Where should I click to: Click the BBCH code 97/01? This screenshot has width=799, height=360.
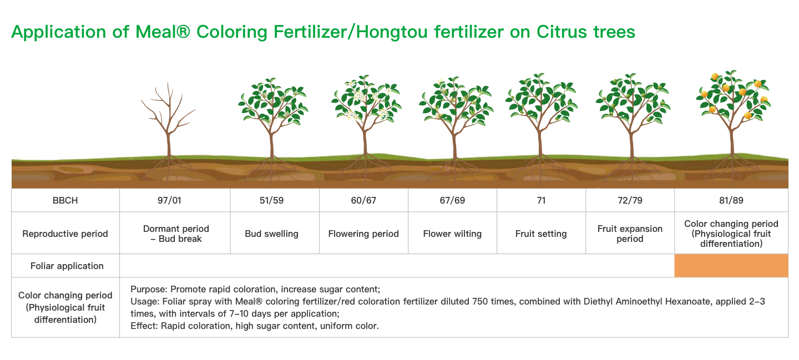coord(169,200)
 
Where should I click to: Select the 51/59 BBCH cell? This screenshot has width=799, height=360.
coord(271,200)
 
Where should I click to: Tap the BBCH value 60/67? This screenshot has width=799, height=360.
coord(363,200)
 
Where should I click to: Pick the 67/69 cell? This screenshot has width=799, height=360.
coord(452,200)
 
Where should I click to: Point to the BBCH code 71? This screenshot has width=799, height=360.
coord(541,200)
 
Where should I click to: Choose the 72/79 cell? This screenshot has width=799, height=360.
coord(630,200)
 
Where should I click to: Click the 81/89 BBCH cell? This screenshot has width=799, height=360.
coord(731,200)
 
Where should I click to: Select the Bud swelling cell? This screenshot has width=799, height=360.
coord(271,234)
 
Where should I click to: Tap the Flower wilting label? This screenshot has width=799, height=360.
coord(452,234)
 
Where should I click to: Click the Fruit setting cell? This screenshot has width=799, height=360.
coord(541,234)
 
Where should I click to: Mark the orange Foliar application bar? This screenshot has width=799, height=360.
coord(731,266)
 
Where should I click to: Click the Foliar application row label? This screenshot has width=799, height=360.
coord(67,266)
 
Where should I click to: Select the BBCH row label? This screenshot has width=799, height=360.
coord(65,200)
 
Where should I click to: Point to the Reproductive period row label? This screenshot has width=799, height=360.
coord(65,234)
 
